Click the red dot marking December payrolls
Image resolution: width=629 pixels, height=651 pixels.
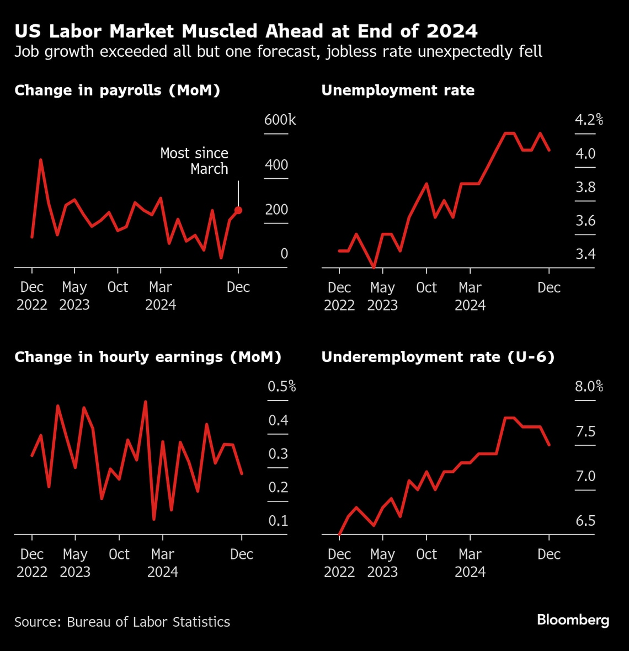(238, 210)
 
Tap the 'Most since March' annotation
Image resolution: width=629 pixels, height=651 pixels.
(194, 161)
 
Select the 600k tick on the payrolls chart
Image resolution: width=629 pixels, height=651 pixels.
(280, 120)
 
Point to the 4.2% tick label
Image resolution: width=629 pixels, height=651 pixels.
(589, 120)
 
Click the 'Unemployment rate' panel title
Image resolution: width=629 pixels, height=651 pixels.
(398, 90)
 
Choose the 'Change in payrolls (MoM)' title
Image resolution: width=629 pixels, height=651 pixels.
(118, 90)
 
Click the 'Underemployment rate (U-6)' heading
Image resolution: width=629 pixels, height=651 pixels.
(438, 357)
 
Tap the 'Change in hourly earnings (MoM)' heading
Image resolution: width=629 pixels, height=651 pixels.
(148, 357)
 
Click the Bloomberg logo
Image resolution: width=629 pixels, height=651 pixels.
(573, 620)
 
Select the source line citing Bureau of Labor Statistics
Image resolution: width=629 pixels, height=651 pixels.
(122, 622)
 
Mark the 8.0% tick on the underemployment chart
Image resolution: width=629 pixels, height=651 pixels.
(589, 386)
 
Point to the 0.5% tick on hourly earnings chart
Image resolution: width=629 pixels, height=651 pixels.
(281, 386)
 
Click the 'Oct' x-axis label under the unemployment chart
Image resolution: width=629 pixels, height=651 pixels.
(426, 287)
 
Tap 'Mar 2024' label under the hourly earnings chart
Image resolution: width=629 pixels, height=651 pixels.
(163, 563)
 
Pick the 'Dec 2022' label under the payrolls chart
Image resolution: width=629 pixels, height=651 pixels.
(32, 296)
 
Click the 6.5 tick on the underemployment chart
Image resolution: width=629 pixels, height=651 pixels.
(585, 521)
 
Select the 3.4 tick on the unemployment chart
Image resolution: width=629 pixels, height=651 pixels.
(585, 254)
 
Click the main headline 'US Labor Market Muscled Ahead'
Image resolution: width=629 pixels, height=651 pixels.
(246, 31)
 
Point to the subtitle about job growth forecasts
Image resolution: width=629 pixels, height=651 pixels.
(278, 52)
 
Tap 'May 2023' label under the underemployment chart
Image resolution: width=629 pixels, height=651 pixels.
(382, 563)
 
